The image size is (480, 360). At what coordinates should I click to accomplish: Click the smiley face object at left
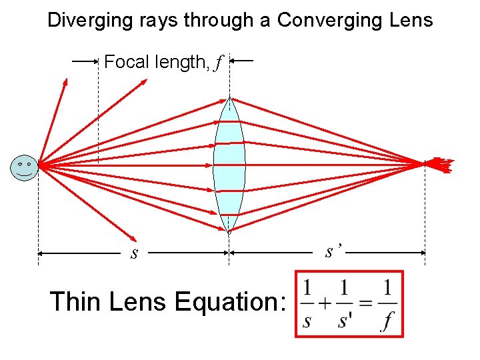(24, 167)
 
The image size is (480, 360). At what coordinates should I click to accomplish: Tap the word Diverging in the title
(81, 20)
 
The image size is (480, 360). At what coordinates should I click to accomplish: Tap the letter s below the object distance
(135, 254)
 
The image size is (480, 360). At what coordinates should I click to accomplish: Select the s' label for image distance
(333, 252)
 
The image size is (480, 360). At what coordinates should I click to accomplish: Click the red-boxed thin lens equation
(349, 303)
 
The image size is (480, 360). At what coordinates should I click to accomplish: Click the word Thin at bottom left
(75, 302)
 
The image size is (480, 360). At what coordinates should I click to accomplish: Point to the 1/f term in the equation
(387, 305)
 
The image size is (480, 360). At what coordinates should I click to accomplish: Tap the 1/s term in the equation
(307, 305)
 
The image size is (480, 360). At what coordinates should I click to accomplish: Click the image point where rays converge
(425, 163)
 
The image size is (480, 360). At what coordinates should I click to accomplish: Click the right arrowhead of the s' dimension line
(422, 253)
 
